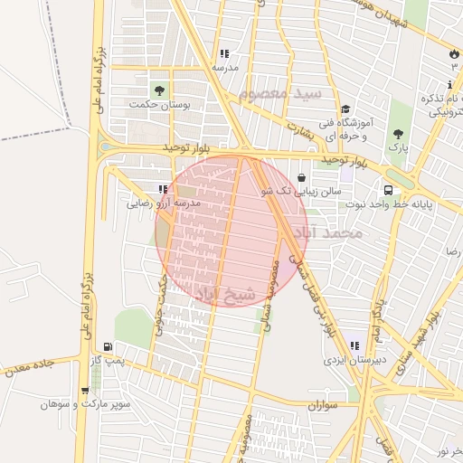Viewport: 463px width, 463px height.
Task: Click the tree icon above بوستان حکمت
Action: click(160, 90)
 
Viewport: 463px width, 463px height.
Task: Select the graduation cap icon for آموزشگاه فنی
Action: click(346, 109)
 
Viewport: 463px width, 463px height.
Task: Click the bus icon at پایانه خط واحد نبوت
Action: click(388, 190)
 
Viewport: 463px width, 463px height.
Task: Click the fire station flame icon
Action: click(453, 53)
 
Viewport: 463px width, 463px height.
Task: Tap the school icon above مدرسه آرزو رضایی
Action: click(164, 190)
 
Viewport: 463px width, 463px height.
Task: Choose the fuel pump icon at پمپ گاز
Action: click(109, 346)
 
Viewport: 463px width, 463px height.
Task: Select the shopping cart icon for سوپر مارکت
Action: click(84, 392)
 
